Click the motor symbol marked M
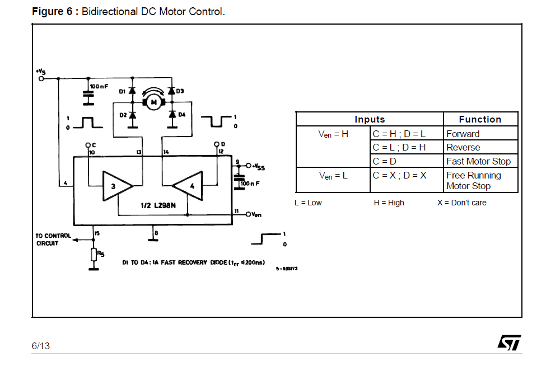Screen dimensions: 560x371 click(154, 102)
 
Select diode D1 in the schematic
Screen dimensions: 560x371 click(132, 91)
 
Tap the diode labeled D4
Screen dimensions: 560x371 click(172, 114)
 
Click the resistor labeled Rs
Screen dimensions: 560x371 click(94, 255)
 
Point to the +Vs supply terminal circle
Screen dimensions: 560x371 click(41, 78)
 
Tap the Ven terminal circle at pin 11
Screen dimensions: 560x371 click(248, 214)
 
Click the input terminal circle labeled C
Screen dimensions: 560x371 click(88, 145)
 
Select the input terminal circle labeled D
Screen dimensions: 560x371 click(216, 144)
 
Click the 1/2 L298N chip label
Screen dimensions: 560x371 click(158, 205)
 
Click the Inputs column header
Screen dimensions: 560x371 click(370, 119)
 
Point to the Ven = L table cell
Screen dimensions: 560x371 click(333, 176)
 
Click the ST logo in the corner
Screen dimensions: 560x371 click(509, 342)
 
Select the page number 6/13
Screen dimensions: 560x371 click(41, 346)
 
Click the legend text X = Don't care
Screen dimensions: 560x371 click(462, 203)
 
